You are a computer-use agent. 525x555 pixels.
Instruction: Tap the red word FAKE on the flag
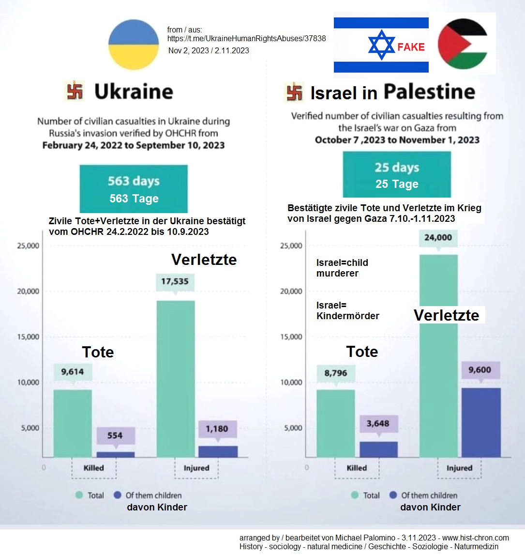411,47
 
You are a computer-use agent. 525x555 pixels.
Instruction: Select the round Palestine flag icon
462,44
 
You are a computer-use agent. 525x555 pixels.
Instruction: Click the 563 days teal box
134,189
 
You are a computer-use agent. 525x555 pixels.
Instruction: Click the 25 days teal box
397,174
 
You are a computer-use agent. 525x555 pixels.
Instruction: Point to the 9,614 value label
73,372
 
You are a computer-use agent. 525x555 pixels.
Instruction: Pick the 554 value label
115,435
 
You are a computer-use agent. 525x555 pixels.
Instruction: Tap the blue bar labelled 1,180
218,451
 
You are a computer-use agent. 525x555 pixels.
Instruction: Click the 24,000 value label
438,238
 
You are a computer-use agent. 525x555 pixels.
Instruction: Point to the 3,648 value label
378,424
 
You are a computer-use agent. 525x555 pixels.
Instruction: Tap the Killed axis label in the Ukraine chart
93,468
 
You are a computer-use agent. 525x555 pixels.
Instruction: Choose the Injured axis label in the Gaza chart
459,468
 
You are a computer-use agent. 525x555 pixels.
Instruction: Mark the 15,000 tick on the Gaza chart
291,337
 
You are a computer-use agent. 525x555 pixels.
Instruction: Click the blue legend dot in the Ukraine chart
117,495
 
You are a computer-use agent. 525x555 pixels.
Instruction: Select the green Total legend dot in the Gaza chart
354,495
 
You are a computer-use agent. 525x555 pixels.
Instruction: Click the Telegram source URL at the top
246,39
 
